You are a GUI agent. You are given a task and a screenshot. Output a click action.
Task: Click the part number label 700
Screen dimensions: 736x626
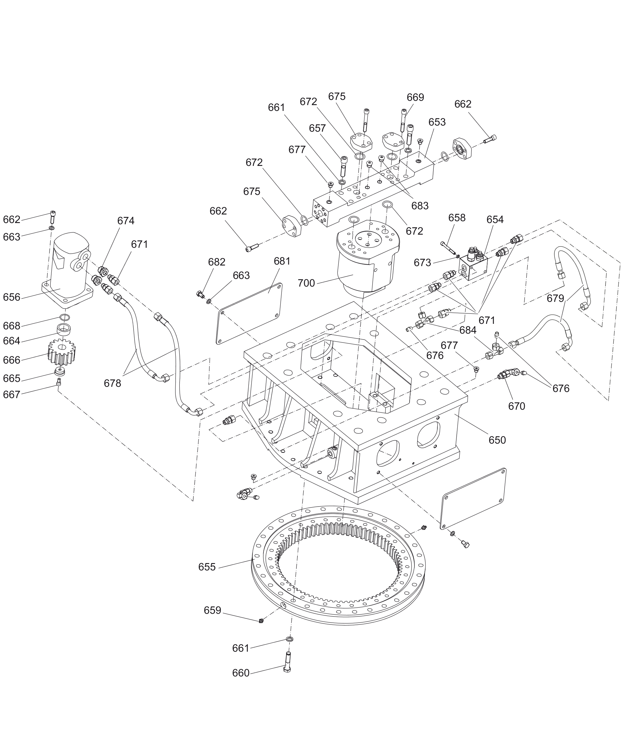[306, 283]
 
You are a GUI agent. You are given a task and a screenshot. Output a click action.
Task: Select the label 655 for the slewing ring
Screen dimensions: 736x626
[207, 567]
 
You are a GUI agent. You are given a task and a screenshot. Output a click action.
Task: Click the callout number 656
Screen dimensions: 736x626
[12, 297]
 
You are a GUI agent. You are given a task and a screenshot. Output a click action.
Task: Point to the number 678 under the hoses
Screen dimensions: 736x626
[112, 383]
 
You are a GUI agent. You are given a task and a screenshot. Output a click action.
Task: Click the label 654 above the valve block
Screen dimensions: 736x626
[495, 220]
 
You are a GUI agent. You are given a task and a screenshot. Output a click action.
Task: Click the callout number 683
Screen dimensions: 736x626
[420, 206]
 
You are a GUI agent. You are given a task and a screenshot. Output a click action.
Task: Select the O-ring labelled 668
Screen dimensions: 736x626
[64, 317]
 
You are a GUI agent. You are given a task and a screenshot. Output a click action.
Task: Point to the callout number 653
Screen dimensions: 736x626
[437, 122]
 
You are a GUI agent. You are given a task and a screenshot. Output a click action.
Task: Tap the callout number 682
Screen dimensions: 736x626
[216, 262]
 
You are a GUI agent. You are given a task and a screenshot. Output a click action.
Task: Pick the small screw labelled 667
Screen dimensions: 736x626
[59, 382]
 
